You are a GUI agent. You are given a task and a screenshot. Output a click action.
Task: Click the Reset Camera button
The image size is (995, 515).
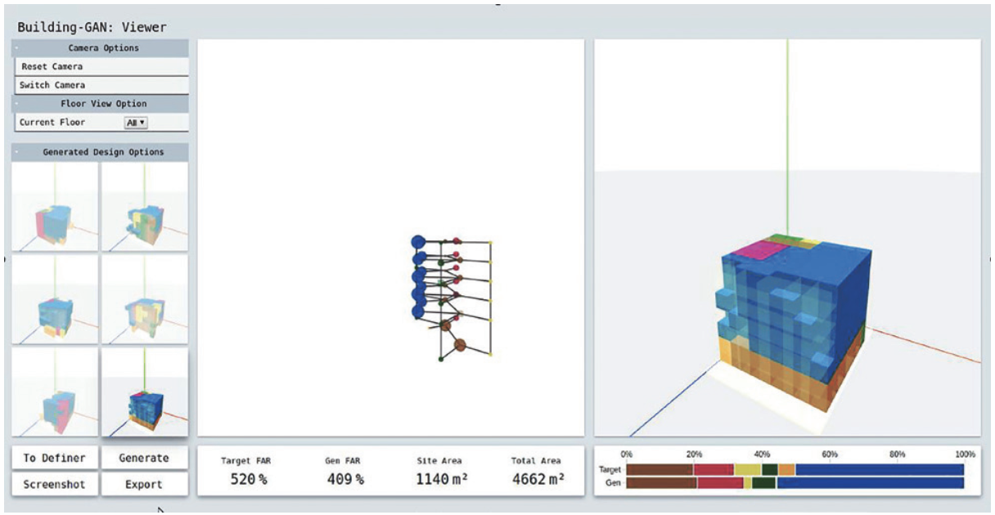pos(101,66)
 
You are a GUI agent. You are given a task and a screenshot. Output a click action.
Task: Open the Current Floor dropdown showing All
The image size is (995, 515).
pos(136,123)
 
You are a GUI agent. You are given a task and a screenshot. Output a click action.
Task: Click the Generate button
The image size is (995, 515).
pos(144,458)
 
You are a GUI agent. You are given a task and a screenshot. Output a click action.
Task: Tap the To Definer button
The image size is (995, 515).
pos(55,458)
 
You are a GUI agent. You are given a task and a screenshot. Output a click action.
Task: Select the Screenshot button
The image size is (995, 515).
pos(55,484)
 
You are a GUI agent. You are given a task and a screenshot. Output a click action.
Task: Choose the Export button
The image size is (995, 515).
pos(144,484)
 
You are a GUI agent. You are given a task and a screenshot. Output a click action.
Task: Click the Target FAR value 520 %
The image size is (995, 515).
pos(249,479)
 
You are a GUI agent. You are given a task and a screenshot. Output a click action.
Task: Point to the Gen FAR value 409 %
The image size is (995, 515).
pos(345,479)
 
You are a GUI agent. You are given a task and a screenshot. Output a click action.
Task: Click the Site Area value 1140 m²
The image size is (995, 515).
pos(442,479)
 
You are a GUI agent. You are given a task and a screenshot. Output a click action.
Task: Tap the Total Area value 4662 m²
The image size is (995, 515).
pos(538,479)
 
